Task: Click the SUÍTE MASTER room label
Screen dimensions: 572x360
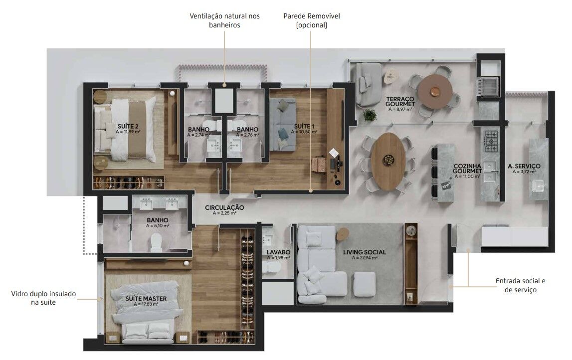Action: tap(146, 298)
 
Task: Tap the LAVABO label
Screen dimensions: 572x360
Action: tap(278, 252)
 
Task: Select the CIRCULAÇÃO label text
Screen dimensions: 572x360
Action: tap(224, 207)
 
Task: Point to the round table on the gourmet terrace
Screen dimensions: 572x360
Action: tap(435, 92)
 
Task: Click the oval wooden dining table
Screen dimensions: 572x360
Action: tap(388, 161)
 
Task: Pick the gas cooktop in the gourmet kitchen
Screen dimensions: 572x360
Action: tap(491, 141)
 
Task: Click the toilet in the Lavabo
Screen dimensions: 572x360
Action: tap(270, 268)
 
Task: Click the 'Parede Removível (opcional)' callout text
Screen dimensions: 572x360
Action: tap(312, 20)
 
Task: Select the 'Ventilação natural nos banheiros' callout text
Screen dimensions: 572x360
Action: tap(225, 20)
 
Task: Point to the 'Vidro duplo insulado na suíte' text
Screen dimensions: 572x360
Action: tap(43, 298)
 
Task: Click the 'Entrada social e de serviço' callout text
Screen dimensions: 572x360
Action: tap(521, 285)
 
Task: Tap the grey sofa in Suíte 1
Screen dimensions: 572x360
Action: tap(283, 124)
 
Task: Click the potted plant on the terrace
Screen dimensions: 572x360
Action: tap(370, 116)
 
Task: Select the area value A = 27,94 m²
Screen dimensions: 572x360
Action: tap(365, 257)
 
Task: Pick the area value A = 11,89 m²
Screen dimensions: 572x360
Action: tap(128, 132)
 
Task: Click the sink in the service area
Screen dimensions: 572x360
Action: tap(539, 186)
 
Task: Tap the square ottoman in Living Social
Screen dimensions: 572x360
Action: tap(364, 284)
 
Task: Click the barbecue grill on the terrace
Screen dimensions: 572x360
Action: tap(489, 86)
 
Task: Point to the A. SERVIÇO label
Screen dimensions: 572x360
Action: tap(524, 166)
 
